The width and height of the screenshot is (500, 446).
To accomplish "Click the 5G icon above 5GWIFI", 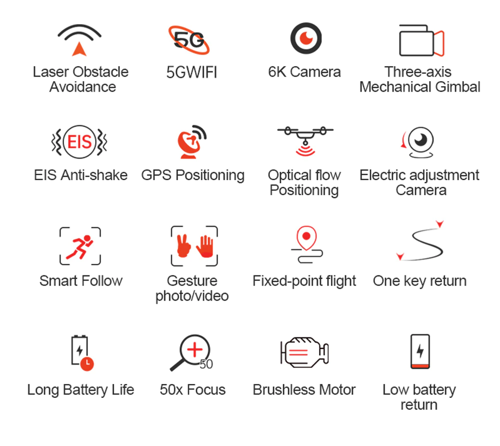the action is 189,40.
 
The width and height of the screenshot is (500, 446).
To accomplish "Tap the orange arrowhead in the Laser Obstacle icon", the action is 80,50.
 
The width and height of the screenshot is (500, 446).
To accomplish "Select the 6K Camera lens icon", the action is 306,38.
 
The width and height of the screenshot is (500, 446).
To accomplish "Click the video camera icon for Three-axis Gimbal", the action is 421,41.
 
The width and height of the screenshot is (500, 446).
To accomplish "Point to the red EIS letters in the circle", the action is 80,142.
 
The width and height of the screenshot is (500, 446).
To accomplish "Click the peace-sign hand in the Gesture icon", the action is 183,246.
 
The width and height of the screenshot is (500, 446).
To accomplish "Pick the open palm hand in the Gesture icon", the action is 205,246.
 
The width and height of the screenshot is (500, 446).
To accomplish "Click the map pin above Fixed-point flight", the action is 306,238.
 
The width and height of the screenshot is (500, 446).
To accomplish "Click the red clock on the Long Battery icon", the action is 87,364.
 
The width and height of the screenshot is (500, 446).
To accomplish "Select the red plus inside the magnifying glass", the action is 195,350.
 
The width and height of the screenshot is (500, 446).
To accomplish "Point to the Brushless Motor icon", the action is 304,352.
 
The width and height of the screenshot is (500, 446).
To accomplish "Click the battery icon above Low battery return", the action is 420,351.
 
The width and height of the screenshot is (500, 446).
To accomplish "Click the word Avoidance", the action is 83,87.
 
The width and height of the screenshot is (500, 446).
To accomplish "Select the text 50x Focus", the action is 193,389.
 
